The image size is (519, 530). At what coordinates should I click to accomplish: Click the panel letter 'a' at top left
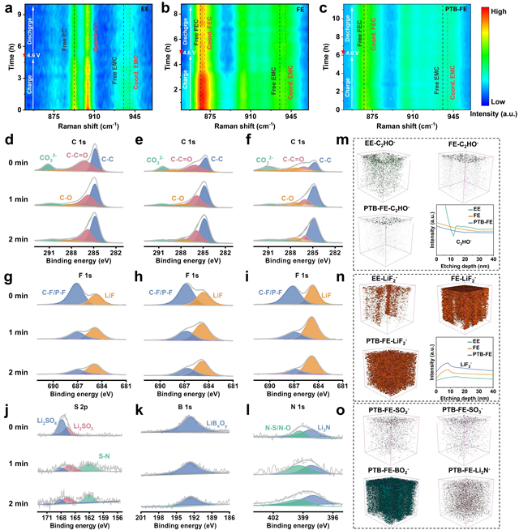6,7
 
